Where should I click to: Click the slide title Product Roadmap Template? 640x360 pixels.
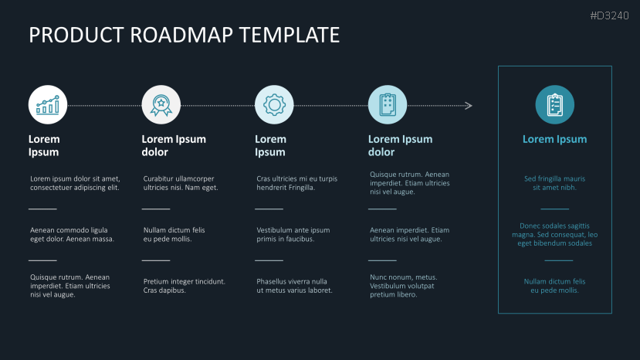pyautogui.click(x=184, y=36)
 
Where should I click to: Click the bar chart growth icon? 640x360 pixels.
pyautogui.click(x=48, y=104)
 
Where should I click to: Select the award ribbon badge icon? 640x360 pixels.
pyautogui.click(x=161, y=104)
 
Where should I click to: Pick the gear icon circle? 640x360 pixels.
pyautogui.click(x=274, y=104)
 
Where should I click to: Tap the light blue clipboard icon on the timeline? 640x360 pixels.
pyautogui.click(x=388, y=104)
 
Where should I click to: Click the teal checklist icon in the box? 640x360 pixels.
pyautogui.click(x=554, y=104)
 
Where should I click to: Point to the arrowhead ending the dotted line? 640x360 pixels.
pyautogui.click(x=469, y=105)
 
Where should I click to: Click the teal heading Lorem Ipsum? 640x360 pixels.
pyautogui.click(x=554, y=140)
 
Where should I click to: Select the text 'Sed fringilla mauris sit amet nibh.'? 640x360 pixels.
pyautogui.click(x=554, y=183)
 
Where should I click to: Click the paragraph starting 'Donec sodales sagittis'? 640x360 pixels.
pyautogui.click(x=554, y=234)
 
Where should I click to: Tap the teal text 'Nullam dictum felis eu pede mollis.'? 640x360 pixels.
pyautogui.click(x=554, y=286)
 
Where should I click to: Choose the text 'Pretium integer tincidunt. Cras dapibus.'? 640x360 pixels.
pyautogui.click(x=184, y=286)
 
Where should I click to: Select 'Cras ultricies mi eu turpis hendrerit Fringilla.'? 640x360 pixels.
pyautogui.click(x=296, y=183)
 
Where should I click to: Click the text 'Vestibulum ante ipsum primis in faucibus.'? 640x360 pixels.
pyautogui.click(x=293, y=234)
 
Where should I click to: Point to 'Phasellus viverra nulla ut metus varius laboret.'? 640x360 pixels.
pyautogui.click(x=294, y=286)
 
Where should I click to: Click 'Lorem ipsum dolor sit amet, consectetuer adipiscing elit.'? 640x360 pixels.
pyautogui.click(x=75, y=183)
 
